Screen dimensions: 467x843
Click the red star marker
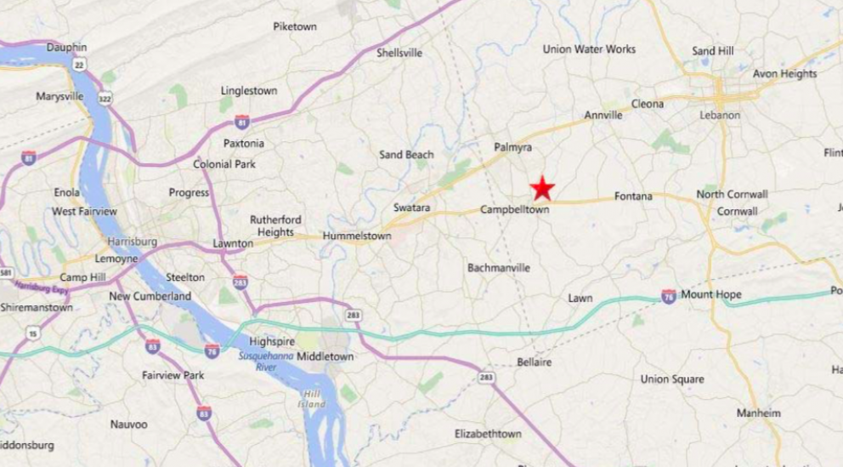tap(542, 187)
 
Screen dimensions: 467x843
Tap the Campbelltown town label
tap(514, 209)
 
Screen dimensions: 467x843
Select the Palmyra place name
tap(512, 147)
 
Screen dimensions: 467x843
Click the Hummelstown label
tap(357, 236)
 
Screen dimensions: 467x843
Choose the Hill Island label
tap(313, 399)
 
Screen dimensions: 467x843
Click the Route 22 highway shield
tap(79, 64)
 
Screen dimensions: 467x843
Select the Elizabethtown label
tap(488, 434)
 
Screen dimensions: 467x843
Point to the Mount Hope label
tap(710, 295)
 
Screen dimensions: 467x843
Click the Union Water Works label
tap(589, 49)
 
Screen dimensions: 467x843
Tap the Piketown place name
tap(295, 26)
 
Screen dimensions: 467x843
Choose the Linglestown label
tap(249, 90)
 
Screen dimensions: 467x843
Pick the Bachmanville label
tap(499, 268)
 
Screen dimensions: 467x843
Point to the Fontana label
tap(633, 196)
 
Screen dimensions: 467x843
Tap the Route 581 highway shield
tap(6, 273)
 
